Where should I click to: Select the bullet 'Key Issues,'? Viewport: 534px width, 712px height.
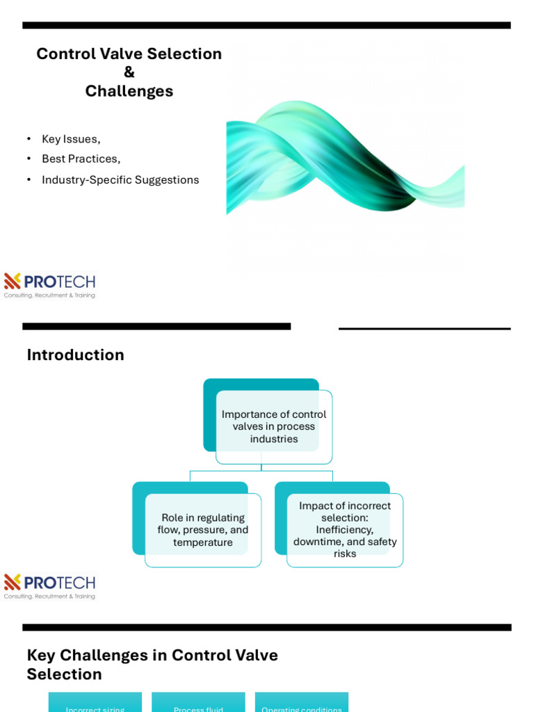[71, 139]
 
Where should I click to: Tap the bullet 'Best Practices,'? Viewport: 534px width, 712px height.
[81, 159]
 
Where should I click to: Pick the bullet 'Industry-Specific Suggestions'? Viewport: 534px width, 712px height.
[120, 180]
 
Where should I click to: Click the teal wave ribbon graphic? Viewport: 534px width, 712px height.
[345, 156]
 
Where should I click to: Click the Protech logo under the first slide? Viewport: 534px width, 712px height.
[49, 285]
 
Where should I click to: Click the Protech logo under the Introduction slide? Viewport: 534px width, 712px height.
[49, 586]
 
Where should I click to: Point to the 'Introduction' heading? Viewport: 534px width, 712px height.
[76, 355]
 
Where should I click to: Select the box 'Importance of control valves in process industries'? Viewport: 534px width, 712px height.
[274, 426]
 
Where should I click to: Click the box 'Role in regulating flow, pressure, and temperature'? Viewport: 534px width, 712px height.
[202, 530]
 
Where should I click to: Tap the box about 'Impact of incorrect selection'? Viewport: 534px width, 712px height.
[345, 529]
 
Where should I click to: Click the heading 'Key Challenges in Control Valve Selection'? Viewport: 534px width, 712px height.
[152, 664]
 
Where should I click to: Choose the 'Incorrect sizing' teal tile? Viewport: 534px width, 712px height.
[95, 704]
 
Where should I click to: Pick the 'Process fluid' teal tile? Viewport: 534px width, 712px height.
[198, 704]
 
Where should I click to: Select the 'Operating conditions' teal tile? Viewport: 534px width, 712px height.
[302, 704]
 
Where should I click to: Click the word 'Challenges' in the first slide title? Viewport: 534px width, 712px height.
[129, 91]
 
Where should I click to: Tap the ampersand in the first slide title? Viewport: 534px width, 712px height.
[129, 72]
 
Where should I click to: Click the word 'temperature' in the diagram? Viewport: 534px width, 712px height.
[203, 542]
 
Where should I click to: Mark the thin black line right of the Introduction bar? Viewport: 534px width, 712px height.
[424, 329]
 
